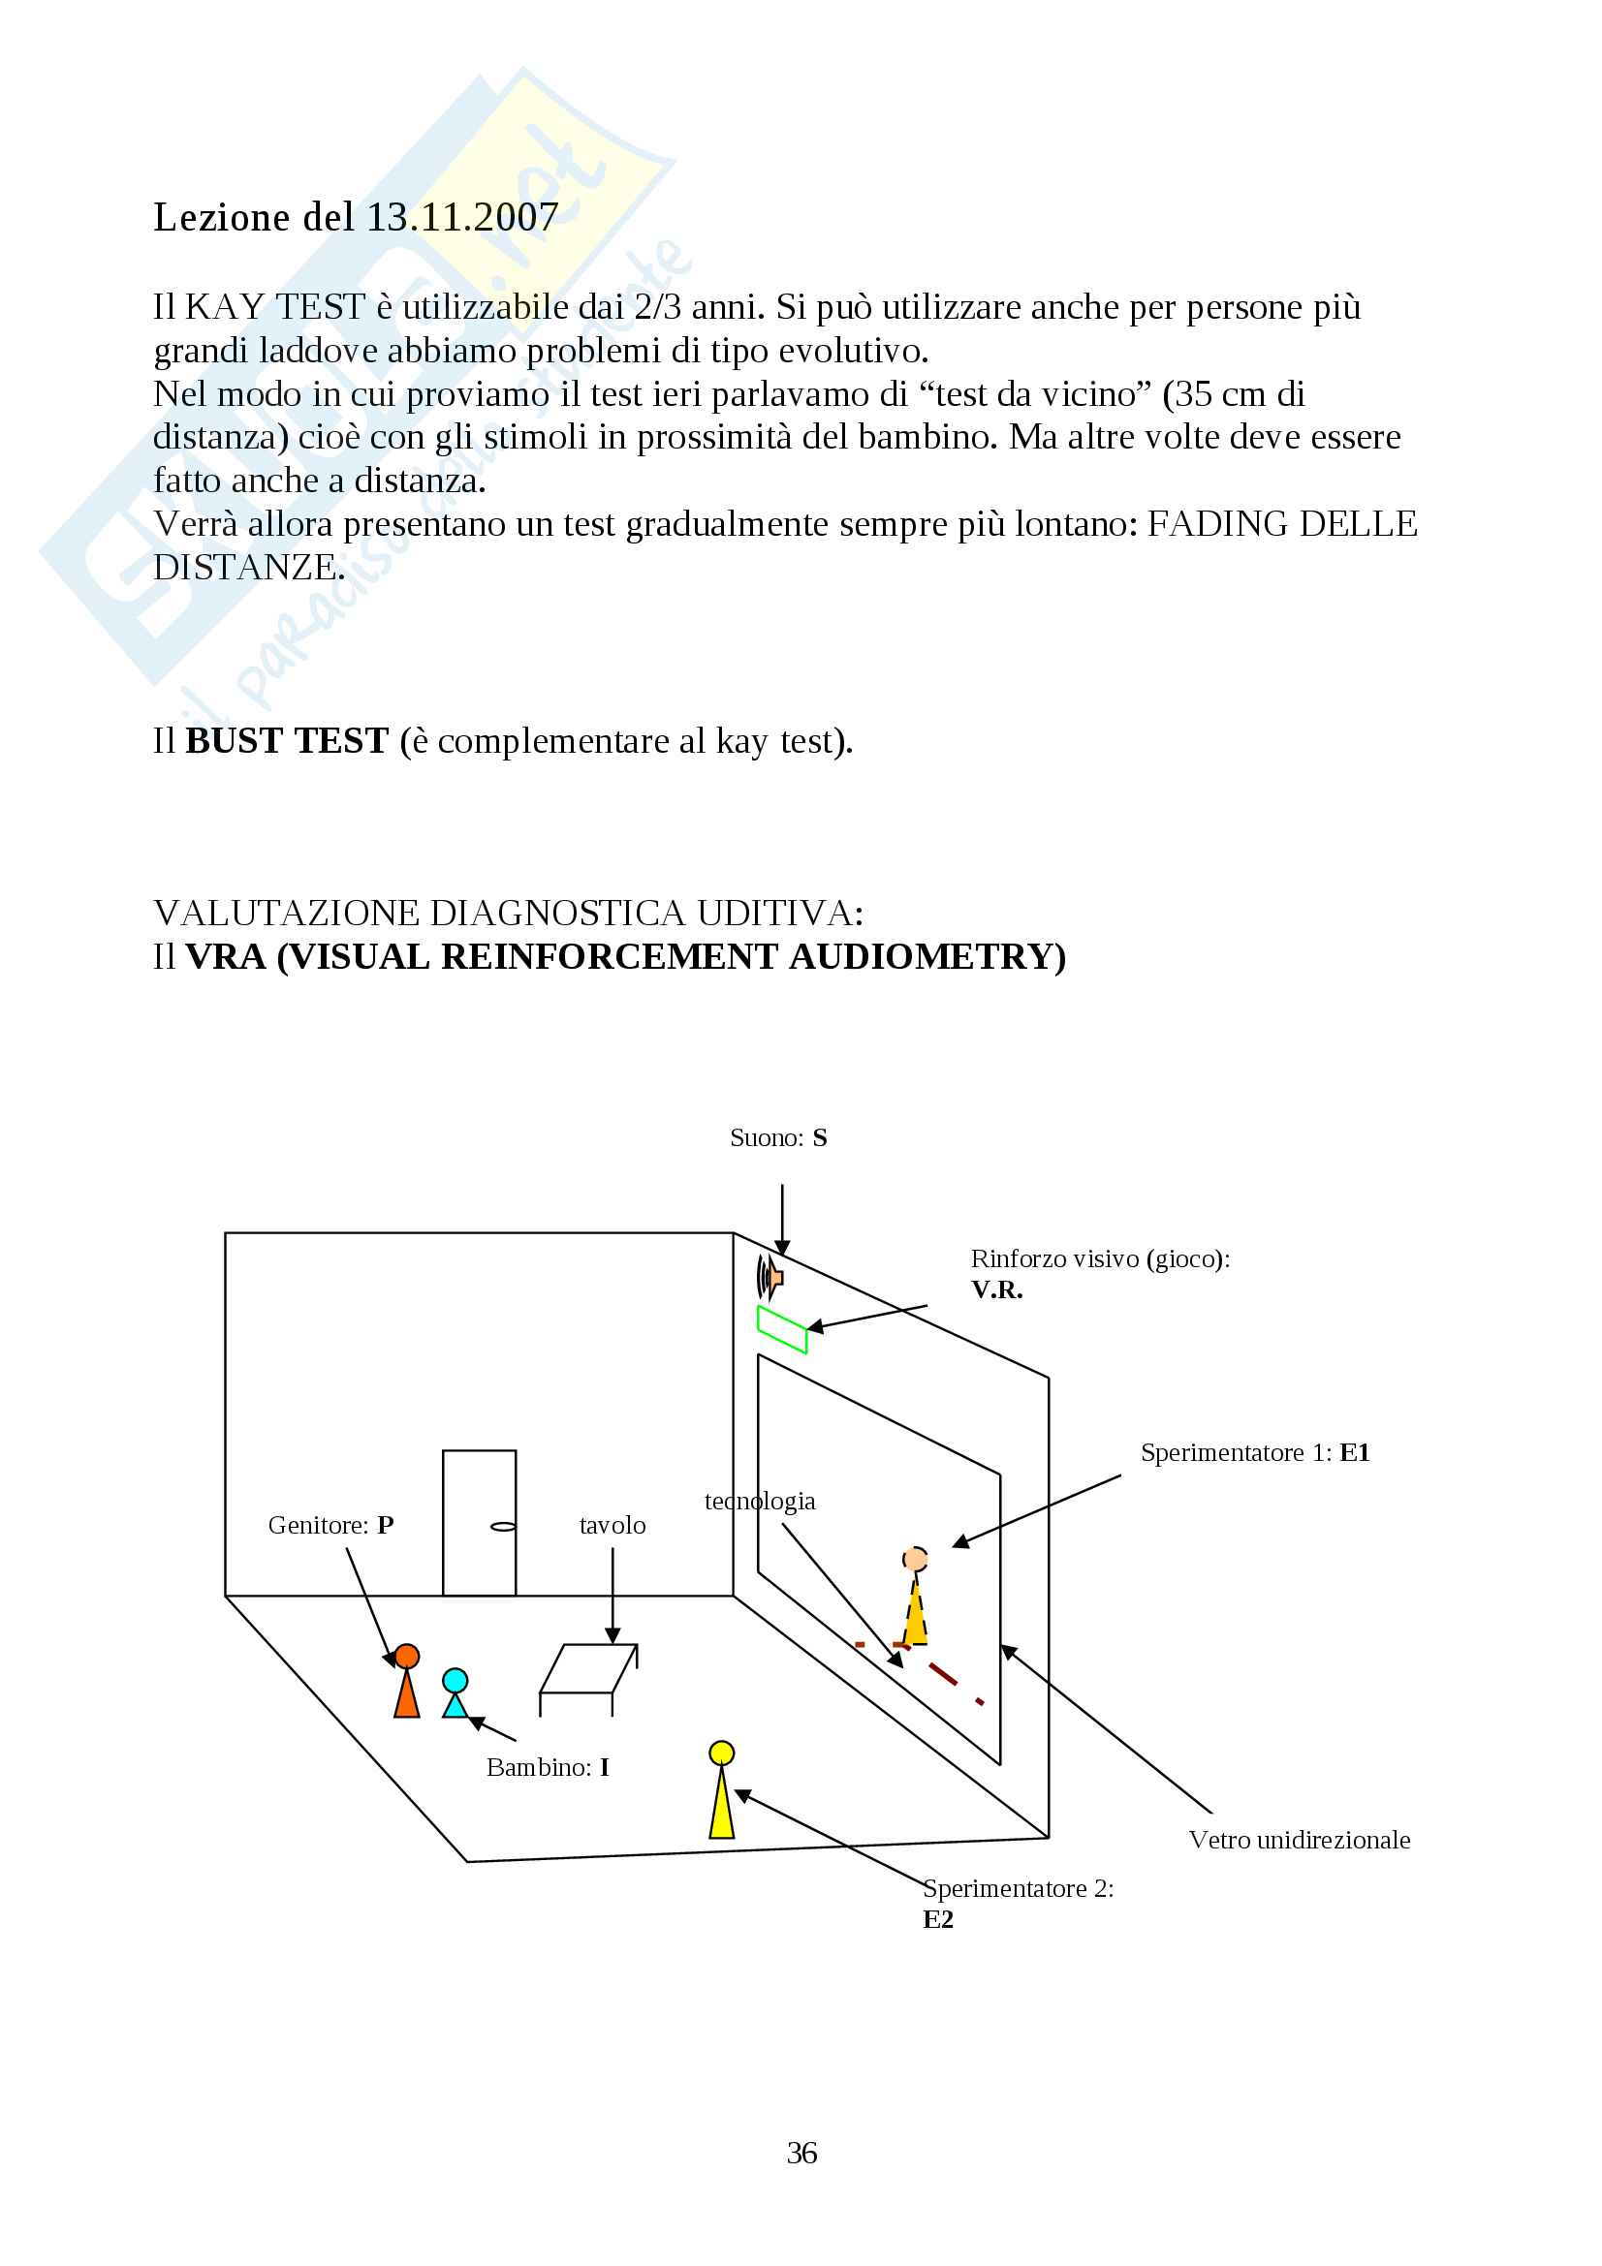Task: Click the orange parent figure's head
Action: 407,1656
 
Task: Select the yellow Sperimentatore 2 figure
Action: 722,1789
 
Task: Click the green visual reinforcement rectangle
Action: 782,1329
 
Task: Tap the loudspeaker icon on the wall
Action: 769,1277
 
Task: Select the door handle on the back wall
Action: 503,1527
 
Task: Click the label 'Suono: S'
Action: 778,1138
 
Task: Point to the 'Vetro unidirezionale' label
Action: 1299,1840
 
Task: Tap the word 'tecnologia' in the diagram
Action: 759,1501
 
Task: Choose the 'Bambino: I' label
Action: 548,1767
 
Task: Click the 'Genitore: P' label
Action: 330,1525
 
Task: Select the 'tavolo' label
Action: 612,1525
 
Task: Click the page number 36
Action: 801,2153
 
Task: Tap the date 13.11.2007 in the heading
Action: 463,217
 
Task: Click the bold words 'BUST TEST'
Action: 287,741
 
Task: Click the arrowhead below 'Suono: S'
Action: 782,1248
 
